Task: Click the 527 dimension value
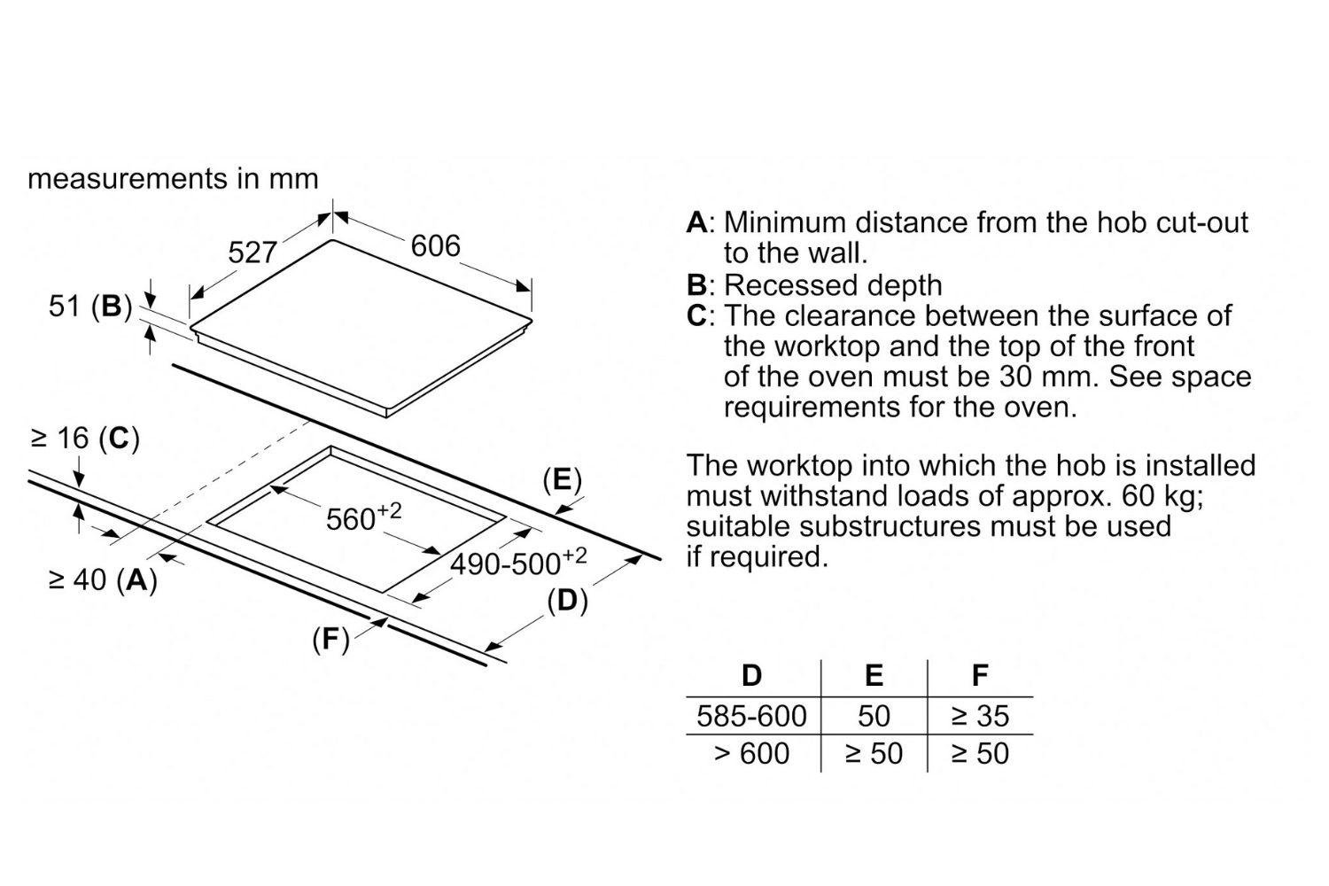tap(253, 253)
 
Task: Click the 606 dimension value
tap(435, 245)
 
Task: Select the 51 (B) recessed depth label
tap(89, 307)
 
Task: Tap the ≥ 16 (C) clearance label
tap(86, 438)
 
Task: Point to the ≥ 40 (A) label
tap(103, 580)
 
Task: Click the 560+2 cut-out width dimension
tap(362, 517)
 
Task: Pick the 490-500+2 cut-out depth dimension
tap(518, 562)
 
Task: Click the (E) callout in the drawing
tap(563, 480)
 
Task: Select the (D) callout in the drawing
tap(567, 601)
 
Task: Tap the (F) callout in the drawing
tap(330, 639)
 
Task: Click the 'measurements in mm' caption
tap(173, 179)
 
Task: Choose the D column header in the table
tap(751, 676)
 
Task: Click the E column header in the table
tap(874, 676)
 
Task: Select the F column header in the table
tap(979, 676)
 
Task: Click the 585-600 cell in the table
tap(751, 716)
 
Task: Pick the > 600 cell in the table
tap(751, 754)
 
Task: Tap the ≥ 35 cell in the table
tap(979, 716)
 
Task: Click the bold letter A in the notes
tap(696, 222)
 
